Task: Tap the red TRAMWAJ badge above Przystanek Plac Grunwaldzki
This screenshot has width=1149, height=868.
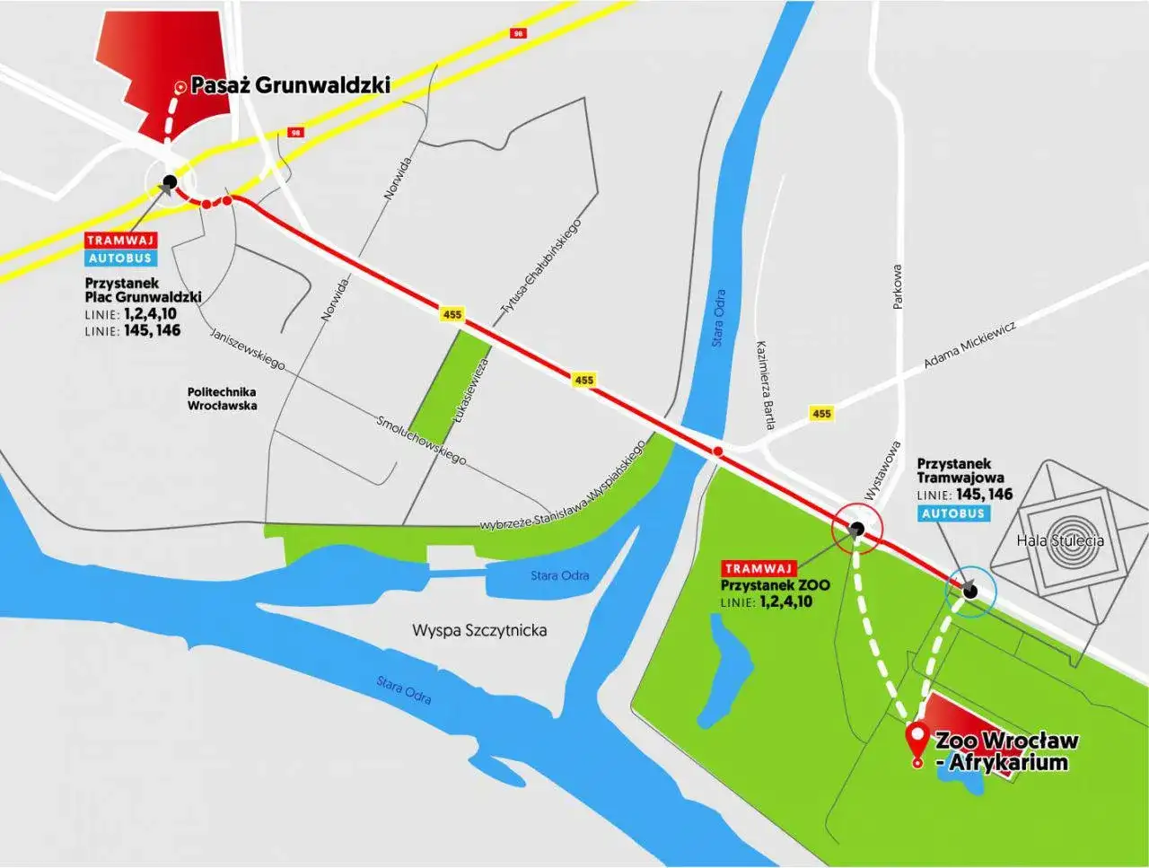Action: click(121, 241)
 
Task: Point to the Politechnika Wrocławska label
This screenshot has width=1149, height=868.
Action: click(222, 399)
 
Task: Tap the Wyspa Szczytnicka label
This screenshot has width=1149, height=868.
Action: click(479, 630)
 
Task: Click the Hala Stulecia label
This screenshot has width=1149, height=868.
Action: click(1060, 540)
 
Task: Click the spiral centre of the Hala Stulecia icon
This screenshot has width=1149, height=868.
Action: click(1075, 530)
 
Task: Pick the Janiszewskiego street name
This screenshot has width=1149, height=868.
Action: click(248, 348)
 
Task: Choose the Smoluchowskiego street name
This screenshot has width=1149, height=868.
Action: click(421, 440)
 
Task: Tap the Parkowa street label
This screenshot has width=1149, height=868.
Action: click(897, 287)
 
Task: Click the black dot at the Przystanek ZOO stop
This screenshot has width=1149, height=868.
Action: click(857, 529)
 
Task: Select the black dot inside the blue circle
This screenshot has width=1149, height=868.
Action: click(969, 590)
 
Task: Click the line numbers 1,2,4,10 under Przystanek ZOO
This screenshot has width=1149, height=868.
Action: click(785, 601)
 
